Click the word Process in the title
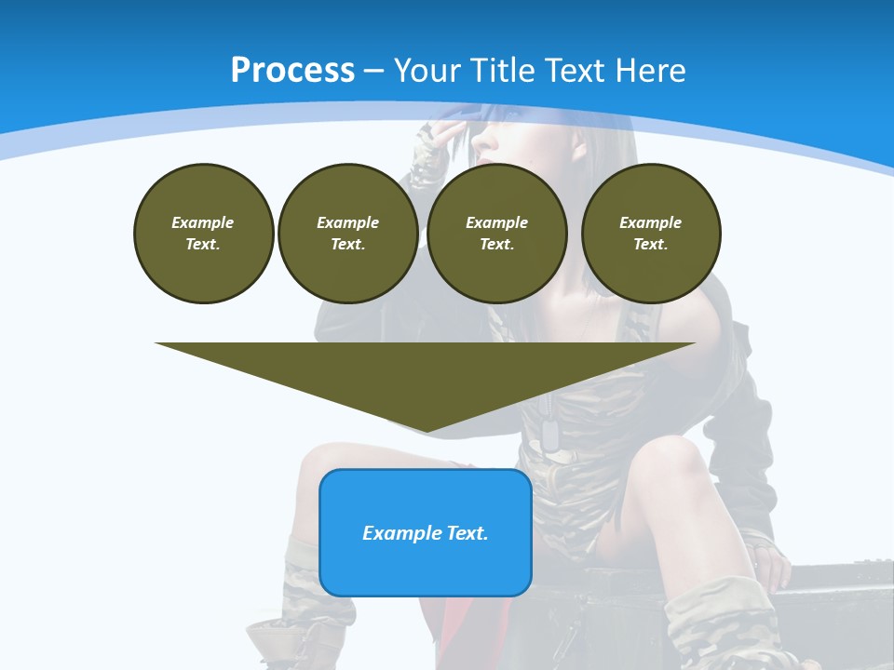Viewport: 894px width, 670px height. (292, 71)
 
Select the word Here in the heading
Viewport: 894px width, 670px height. (649, 71)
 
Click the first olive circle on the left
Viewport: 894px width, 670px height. (203, 234)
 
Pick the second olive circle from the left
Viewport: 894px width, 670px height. (347, 234)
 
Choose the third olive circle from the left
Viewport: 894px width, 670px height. (496, 234)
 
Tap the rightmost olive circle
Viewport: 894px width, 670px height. (650, 234)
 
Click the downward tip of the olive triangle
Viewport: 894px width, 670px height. (426, 429)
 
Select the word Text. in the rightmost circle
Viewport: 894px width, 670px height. (650, 245)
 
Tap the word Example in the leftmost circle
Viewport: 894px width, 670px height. (203, 222)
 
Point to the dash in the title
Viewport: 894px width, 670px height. (373, 71)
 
